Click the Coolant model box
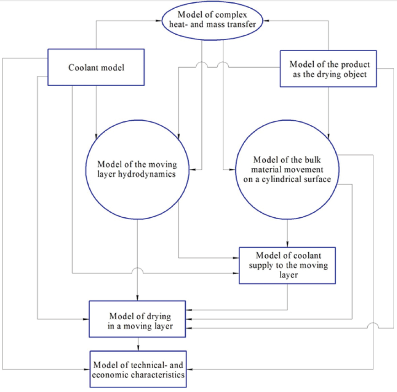pyautogui.click(x=97, y=68)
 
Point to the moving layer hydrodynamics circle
pyautogui.click(x=138, y=169)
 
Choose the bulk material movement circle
pyautogui.click(x=287, y=169)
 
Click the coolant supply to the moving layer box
pyautogui.click(x=287, y=265)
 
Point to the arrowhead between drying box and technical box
pyautogui.click(x=138, y=349)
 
